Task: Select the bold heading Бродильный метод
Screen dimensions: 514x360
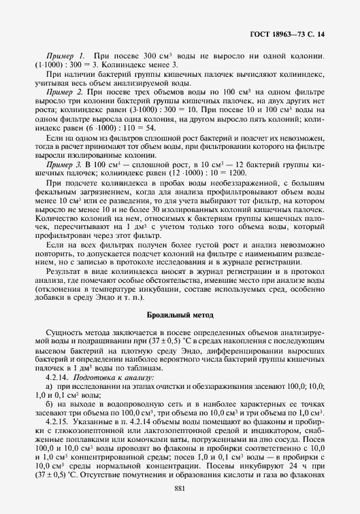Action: (x=180, y=315)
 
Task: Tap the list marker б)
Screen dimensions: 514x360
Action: (x=49, y=403)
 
